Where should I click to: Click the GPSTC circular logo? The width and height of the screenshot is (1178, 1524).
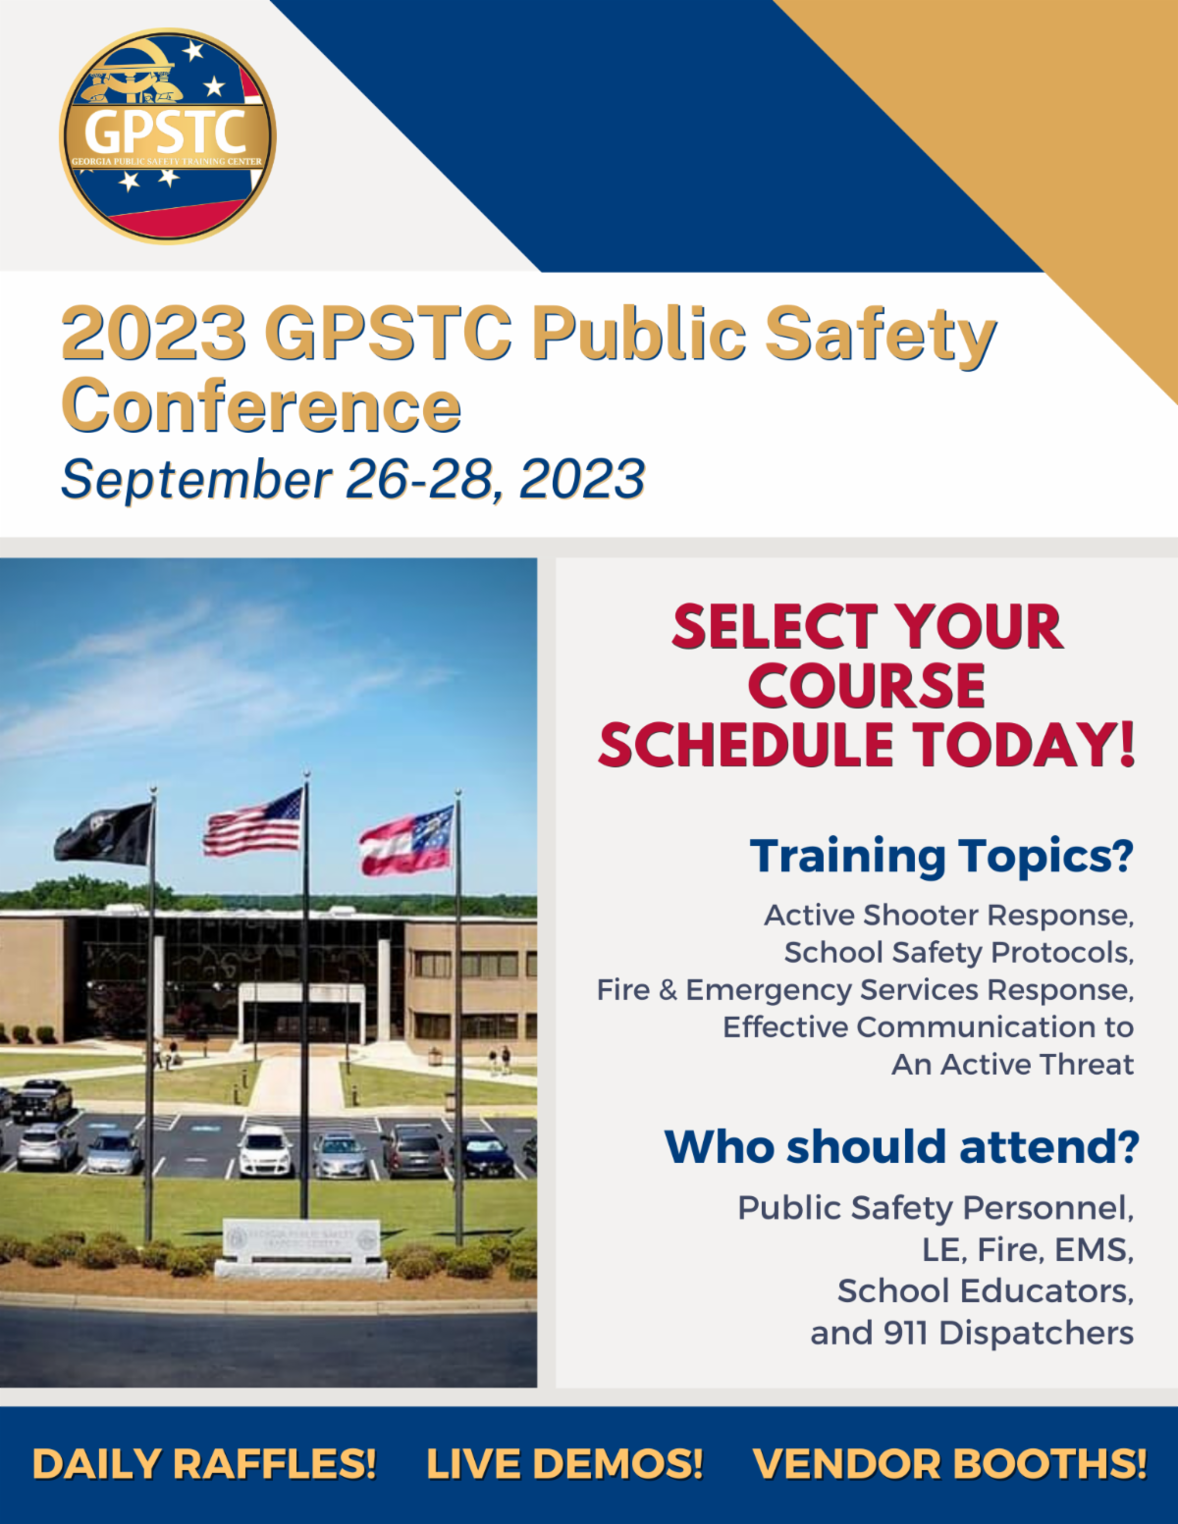click(x=168, y=135)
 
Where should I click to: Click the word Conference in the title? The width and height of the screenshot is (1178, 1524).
click(x=261, y=406)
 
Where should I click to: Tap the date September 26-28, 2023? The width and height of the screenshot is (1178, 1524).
click(x=353, y=479)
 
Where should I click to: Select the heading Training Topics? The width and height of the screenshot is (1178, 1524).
click(x=941, y=856)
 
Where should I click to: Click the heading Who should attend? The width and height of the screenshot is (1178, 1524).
click(x=901, y=1146)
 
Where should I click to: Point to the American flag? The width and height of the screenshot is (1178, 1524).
click(x=254, y=824)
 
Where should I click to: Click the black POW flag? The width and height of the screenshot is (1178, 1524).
click(x=105, y=834)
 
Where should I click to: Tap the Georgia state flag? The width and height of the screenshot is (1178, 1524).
click(x=406, y=842)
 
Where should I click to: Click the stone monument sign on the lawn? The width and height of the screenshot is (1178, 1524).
click(x=301, y=1246)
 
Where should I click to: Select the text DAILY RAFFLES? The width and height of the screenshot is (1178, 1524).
click(x=204, y=1463)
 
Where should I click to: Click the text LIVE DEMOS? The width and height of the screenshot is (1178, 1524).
click(x=564, y=1463)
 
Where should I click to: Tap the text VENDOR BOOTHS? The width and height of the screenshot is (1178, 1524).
click(x=949, y=1463)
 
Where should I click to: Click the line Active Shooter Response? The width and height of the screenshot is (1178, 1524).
click(x=948, y=915)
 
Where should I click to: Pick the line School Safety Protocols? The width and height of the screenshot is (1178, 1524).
click(x=958, y=952)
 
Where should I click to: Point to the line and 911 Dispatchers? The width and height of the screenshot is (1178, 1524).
click(x=972, y=1333)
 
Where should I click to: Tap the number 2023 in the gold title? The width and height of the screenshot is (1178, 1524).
click(x=154, y=334)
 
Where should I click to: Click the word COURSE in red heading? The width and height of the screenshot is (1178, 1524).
click(x=866, y=685)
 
